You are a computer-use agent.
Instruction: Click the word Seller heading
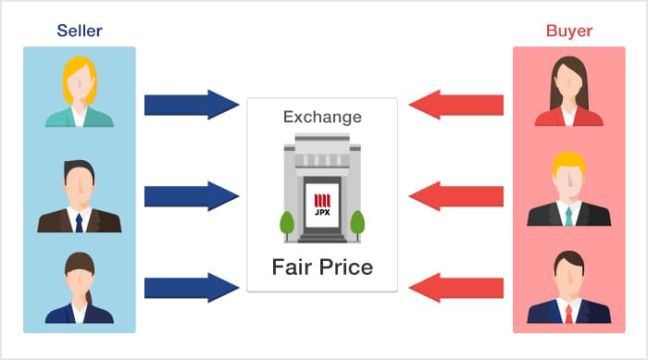pyautogui.click(x=80, y=31)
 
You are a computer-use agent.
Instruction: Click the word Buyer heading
pyautogui.click(x=569, y=31)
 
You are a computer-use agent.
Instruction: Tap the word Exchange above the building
pyautogui.click(x=321, y=118)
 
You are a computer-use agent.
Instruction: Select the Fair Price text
pyautogui.click(x=322, y=267)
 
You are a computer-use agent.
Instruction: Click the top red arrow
pyautogui.click(x=455, y=104)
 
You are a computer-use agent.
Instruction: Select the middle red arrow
pyautogui.click(x=455, y=195)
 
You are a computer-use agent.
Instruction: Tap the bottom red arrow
pyautogui.click(x=455, y=287)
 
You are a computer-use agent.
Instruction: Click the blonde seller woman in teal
pyautogui.click(x=80, y=93)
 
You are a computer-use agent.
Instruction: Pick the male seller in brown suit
pyautogui.click(x=80, y=196)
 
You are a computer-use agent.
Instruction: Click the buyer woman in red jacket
pyautogui.click(x=568, y=93)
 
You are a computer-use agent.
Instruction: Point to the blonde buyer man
pyautogui.click(x=568, y=190)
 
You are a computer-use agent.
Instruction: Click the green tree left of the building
pyautogui.click(x=287, y=223)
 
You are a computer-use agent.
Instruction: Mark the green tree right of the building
pyautogui.click(x=357, y=223)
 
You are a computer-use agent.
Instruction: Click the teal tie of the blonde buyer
pyautogui.click(x=568, y=216)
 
